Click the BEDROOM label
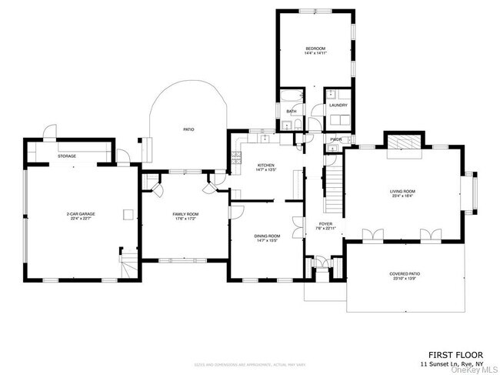point(315,49)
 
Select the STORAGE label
point(67,156)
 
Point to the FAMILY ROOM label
point(185,214)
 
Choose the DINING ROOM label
point(267,236)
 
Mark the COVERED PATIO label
point(405,273)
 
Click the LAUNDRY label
point(338,105)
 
